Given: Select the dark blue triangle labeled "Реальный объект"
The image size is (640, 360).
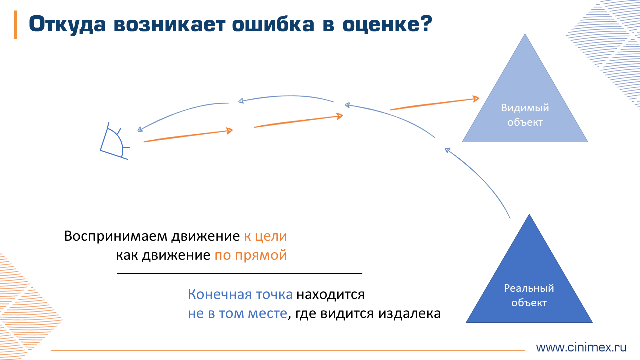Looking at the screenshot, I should pyautogui.click(x=529, y=290).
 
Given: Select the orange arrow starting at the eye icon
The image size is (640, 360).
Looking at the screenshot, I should pyautogui.click(x=188, y=136).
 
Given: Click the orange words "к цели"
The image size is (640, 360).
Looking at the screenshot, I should pyautogui.click(x=265, y=236).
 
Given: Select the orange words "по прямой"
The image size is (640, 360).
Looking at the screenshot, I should pyautogui.click(x=251, y=255).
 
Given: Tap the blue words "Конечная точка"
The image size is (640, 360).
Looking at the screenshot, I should pyautogui.click(x=240, y=294).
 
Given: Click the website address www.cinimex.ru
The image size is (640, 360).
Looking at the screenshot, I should pyautogui.click(x=581, y=347).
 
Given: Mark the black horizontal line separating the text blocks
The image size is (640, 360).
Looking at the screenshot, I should pyautogui.click(x=240, y=274).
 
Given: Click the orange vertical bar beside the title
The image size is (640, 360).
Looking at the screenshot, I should pyautogui.click(x=15, y=24).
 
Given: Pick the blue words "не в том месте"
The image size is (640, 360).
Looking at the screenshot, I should pyautogui.click(x=237, y=314).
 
